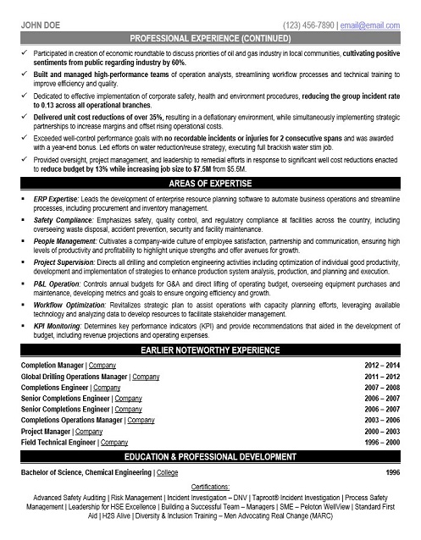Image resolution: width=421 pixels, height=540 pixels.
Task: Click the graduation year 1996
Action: pos(394,471)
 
